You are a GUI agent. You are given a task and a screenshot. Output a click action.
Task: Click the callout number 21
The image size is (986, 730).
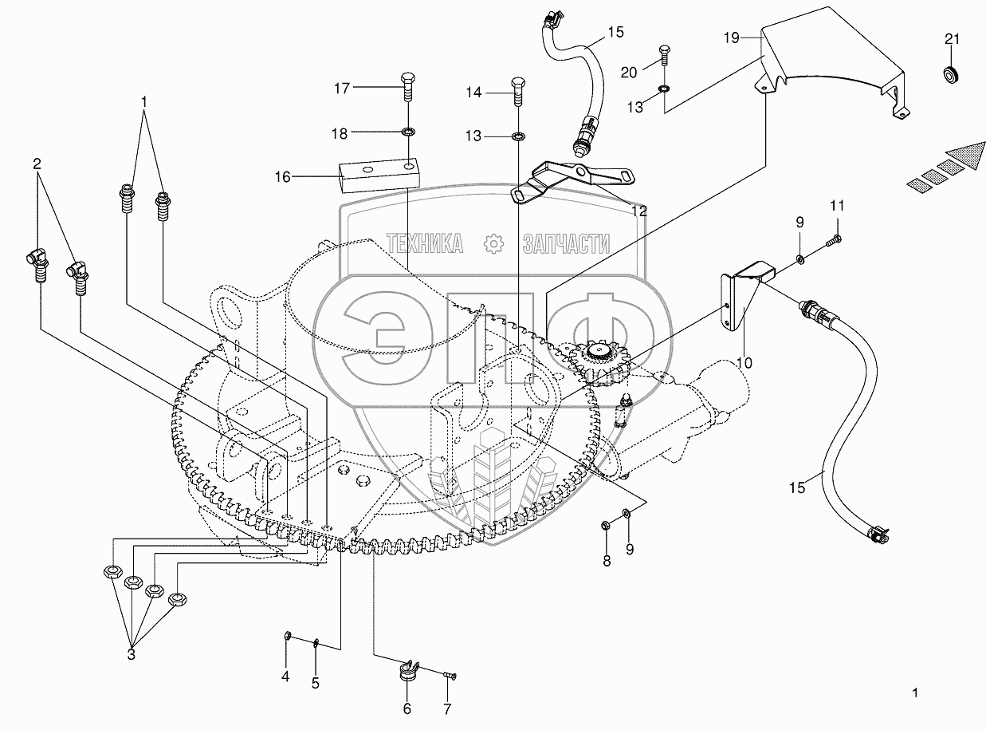click(953, 40)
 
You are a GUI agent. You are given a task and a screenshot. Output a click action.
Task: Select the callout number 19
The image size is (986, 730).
click(733, 37)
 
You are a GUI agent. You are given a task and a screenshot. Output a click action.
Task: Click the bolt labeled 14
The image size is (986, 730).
click(517, 93)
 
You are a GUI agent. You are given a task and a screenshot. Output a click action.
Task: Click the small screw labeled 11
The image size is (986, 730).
click(834, 238)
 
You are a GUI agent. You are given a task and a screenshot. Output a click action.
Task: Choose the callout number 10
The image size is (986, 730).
click(744, 362)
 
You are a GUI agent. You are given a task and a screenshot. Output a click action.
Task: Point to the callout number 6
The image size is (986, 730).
click(407, 708)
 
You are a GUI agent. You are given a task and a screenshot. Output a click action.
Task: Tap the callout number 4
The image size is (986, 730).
click(285, 677)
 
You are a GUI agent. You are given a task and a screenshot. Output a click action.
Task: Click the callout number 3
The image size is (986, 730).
click(132, 654)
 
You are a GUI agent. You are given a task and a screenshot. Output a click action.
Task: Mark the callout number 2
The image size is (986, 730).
click(37, 164)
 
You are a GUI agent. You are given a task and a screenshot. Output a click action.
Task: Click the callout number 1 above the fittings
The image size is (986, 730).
click(144, 102)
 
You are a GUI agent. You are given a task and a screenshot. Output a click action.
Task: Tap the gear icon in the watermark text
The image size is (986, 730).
click(493, 243)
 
